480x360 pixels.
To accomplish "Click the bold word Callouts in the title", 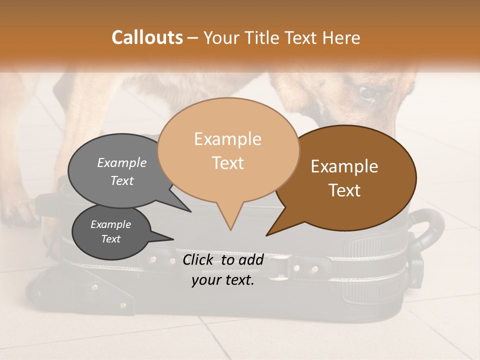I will coord(147,37).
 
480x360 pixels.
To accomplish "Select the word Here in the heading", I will coord(341,38).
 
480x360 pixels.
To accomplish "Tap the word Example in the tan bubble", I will coord(227,139).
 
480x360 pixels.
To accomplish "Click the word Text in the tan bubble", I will coord(227,163).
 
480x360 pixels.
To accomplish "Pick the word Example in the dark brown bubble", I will coord(344,166).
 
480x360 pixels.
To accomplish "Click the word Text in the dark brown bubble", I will coord(344,190).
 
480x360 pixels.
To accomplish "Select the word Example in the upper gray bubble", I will coord(122,162).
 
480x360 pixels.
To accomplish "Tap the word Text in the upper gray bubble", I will coord(122,180).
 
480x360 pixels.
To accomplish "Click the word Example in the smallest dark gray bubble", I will coord(110,224).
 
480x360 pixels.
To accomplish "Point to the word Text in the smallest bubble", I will coord(110,239).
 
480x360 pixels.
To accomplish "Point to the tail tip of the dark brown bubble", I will coord(266,235).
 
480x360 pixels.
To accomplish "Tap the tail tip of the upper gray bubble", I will coord(190,211).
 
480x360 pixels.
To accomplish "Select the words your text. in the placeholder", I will coord(223,280).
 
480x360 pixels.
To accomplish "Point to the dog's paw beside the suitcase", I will coord(20,212).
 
